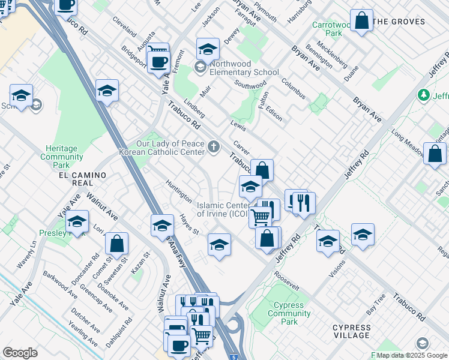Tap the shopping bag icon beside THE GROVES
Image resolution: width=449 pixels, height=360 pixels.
pos(361,21)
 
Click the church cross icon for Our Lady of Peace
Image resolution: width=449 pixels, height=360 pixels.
pos(212,146)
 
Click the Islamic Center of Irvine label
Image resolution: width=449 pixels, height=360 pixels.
pos(223,209)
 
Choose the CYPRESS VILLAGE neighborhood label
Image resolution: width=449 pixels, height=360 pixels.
pos(351,331)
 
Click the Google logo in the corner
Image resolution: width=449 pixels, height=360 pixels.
pos(20,353)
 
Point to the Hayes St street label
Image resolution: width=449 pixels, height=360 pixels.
pos(189,225)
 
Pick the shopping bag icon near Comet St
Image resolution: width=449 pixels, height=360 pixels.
pos(116,244)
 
